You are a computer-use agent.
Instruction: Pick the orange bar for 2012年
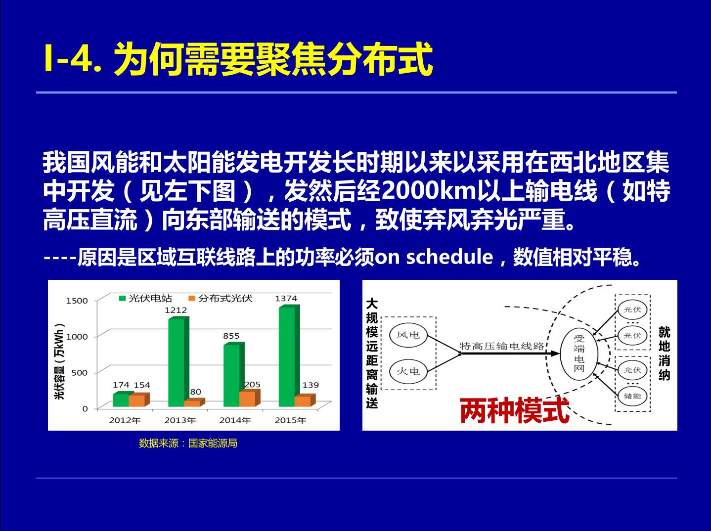[x=139, y=400]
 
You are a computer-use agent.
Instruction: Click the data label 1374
[x=286, y=298]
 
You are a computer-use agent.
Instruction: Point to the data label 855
[x=231, y=336]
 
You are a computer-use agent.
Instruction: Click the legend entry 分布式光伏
[x=221, y=298]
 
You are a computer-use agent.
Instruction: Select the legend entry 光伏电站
[x=145, y=298]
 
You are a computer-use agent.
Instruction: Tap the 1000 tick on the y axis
[x=77, y=337]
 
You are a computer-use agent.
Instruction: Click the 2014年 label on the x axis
[x=235, y=420]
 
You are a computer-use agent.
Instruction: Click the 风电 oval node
[x=408, y=335]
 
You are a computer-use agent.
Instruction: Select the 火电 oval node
[x=408, y=371]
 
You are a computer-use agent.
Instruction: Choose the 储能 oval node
[x=632, y=396]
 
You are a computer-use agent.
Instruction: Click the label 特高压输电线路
[x=502, y=346]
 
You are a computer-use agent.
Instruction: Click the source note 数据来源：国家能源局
[x=188, y=443]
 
